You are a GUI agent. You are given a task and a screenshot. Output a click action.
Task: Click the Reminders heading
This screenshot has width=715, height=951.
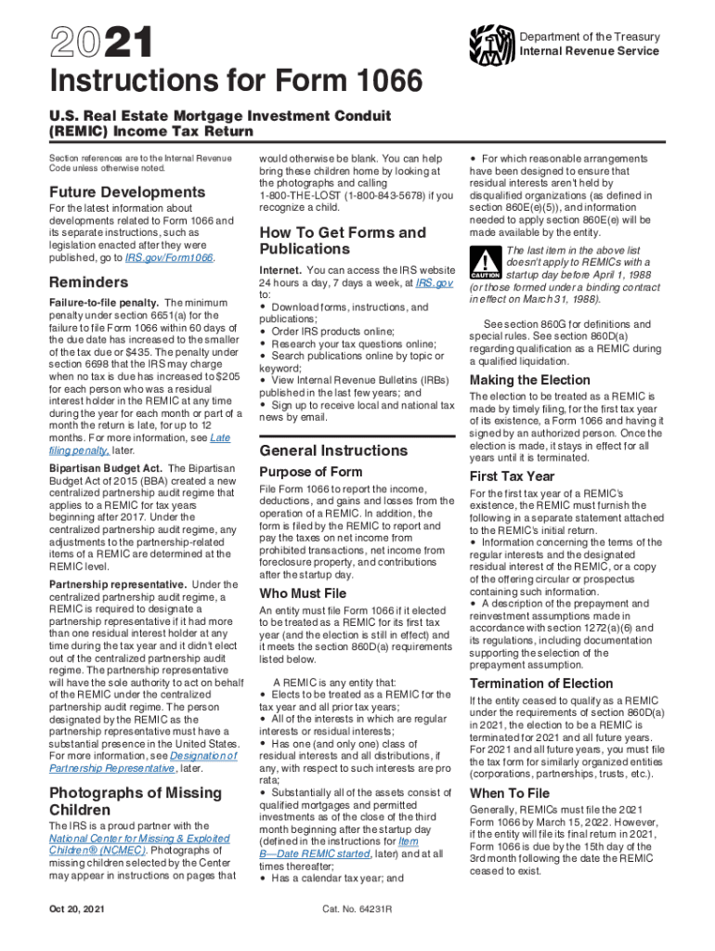tap(88, 281)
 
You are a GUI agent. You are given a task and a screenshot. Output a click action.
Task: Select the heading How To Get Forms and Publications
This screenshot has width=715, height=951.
tap(343, 241)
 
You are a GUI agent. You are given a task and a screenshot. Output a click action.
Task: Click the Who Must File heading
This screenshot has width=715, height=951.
tap(303, 593)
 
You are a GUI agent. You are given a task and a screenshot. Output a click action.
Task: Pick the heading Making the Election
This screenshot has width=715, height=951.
tap(529, 380)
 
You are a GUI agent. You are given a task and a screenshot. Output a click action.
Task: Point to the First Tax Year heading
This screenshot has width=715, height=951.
tap(513, 475)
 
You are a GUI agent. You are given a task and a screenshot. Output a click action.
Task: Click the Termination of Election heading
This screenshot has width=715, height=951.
tap(541, 683)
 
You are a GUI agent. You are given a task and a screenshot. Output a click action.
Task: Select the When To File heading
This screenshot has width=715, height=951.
tap(510, 793)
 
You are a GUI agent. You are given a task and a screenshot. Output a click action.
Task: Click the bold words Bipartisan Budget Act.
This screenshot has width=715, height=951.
tap(105, 468)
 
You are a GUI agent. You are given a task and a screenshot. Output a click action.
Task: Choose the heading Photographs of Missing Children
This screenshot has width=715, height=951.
tap(135, 801)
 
